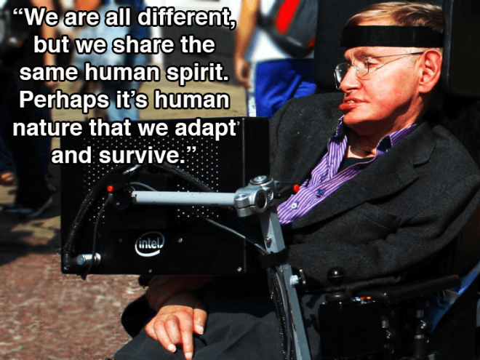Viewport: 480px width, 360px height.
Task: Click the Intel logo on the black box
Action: [x=150, y=244]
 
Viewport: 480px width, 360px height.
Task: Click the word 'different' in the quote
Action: [x=185, y=17]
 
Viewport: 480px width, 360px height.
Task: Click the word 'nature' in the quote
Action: [x=47, y=128]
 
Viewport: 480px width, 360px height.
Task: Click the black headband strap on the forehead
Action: [x=392, y=36]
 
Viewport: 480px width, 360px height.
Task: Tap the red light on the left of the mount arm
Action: [x=110, y=188]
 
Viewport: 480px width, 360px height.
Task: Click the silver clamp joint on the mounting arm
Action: [x=257, y=196]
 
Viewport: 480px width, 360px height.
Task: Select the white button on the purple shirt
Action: [x=294, y=206]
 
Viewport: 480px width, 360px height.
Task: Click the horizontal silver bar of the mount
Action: [x=184, y=198]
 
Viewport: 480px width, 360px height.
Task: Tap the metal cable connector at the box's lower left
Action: [x=88, y=260]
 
